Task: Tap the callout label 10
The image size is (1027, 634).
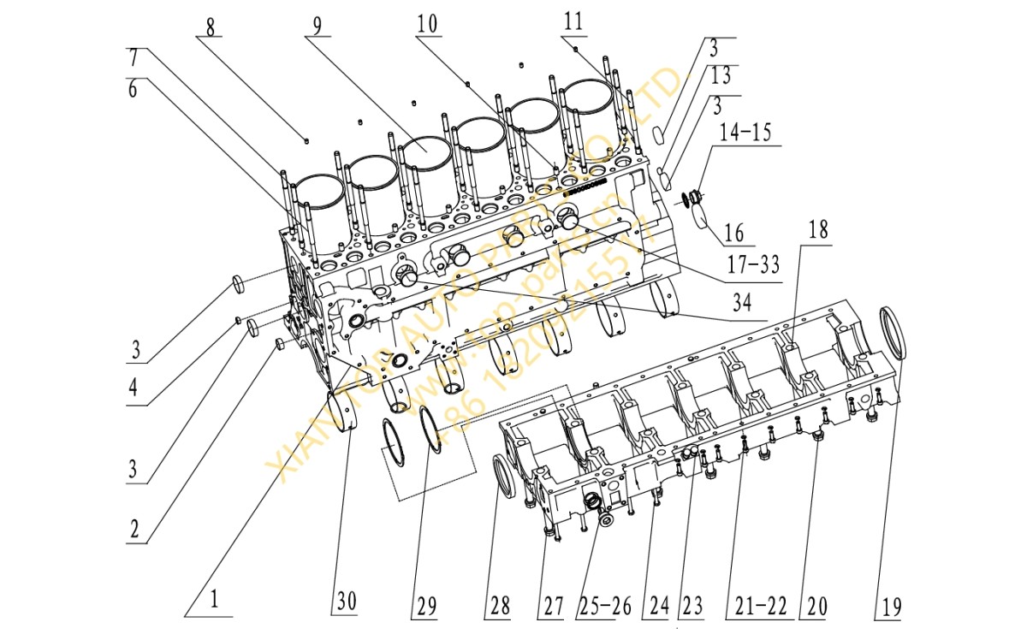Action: (x=427, y=24)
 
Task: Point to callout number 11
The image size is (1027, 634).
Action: (x=573, y=22)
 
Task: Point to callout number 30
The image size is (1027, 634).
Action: (x=345, y=603)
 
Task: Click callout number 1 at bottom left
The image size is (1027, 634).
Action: (x=214, y=601)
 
